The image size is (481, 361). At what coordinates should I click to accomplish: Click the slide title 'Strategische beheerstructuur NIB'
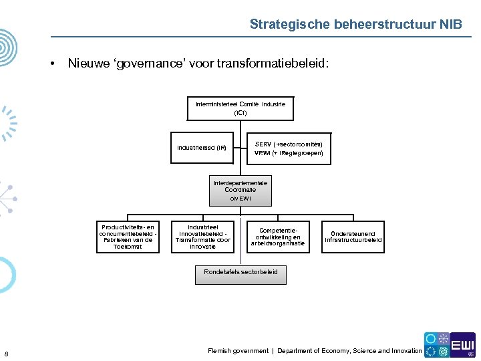[355, 25]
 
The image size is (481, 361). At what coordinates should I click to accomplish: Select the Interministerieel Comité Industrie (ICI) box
[240, 109]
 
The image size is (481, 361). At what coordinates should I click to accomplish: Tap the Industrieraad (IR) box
[202, 148]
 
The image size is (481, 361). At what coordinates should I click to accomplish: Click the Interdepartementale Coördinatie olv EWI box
[240, 191]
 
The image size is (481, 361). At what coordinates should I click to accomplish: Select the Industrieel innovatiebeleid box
[202, 237]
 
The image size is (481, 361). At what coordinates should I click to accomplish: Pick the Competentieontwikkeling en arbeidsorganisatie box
[278, 237]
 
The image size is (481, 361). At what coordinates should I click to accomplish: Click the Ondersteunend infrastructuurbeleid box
[353, 237]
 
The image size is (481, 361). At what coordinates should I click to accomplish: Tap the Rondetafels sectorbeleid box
[240, 272]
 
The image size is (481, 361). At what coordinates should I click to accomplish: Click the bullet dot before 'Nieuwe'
[51, 64]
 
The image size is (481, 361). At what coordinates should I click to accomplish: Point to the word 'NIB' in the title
[450, 25]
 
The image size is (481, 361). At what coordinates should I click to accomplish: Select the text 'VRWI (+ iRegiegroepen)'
[289, 153]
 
